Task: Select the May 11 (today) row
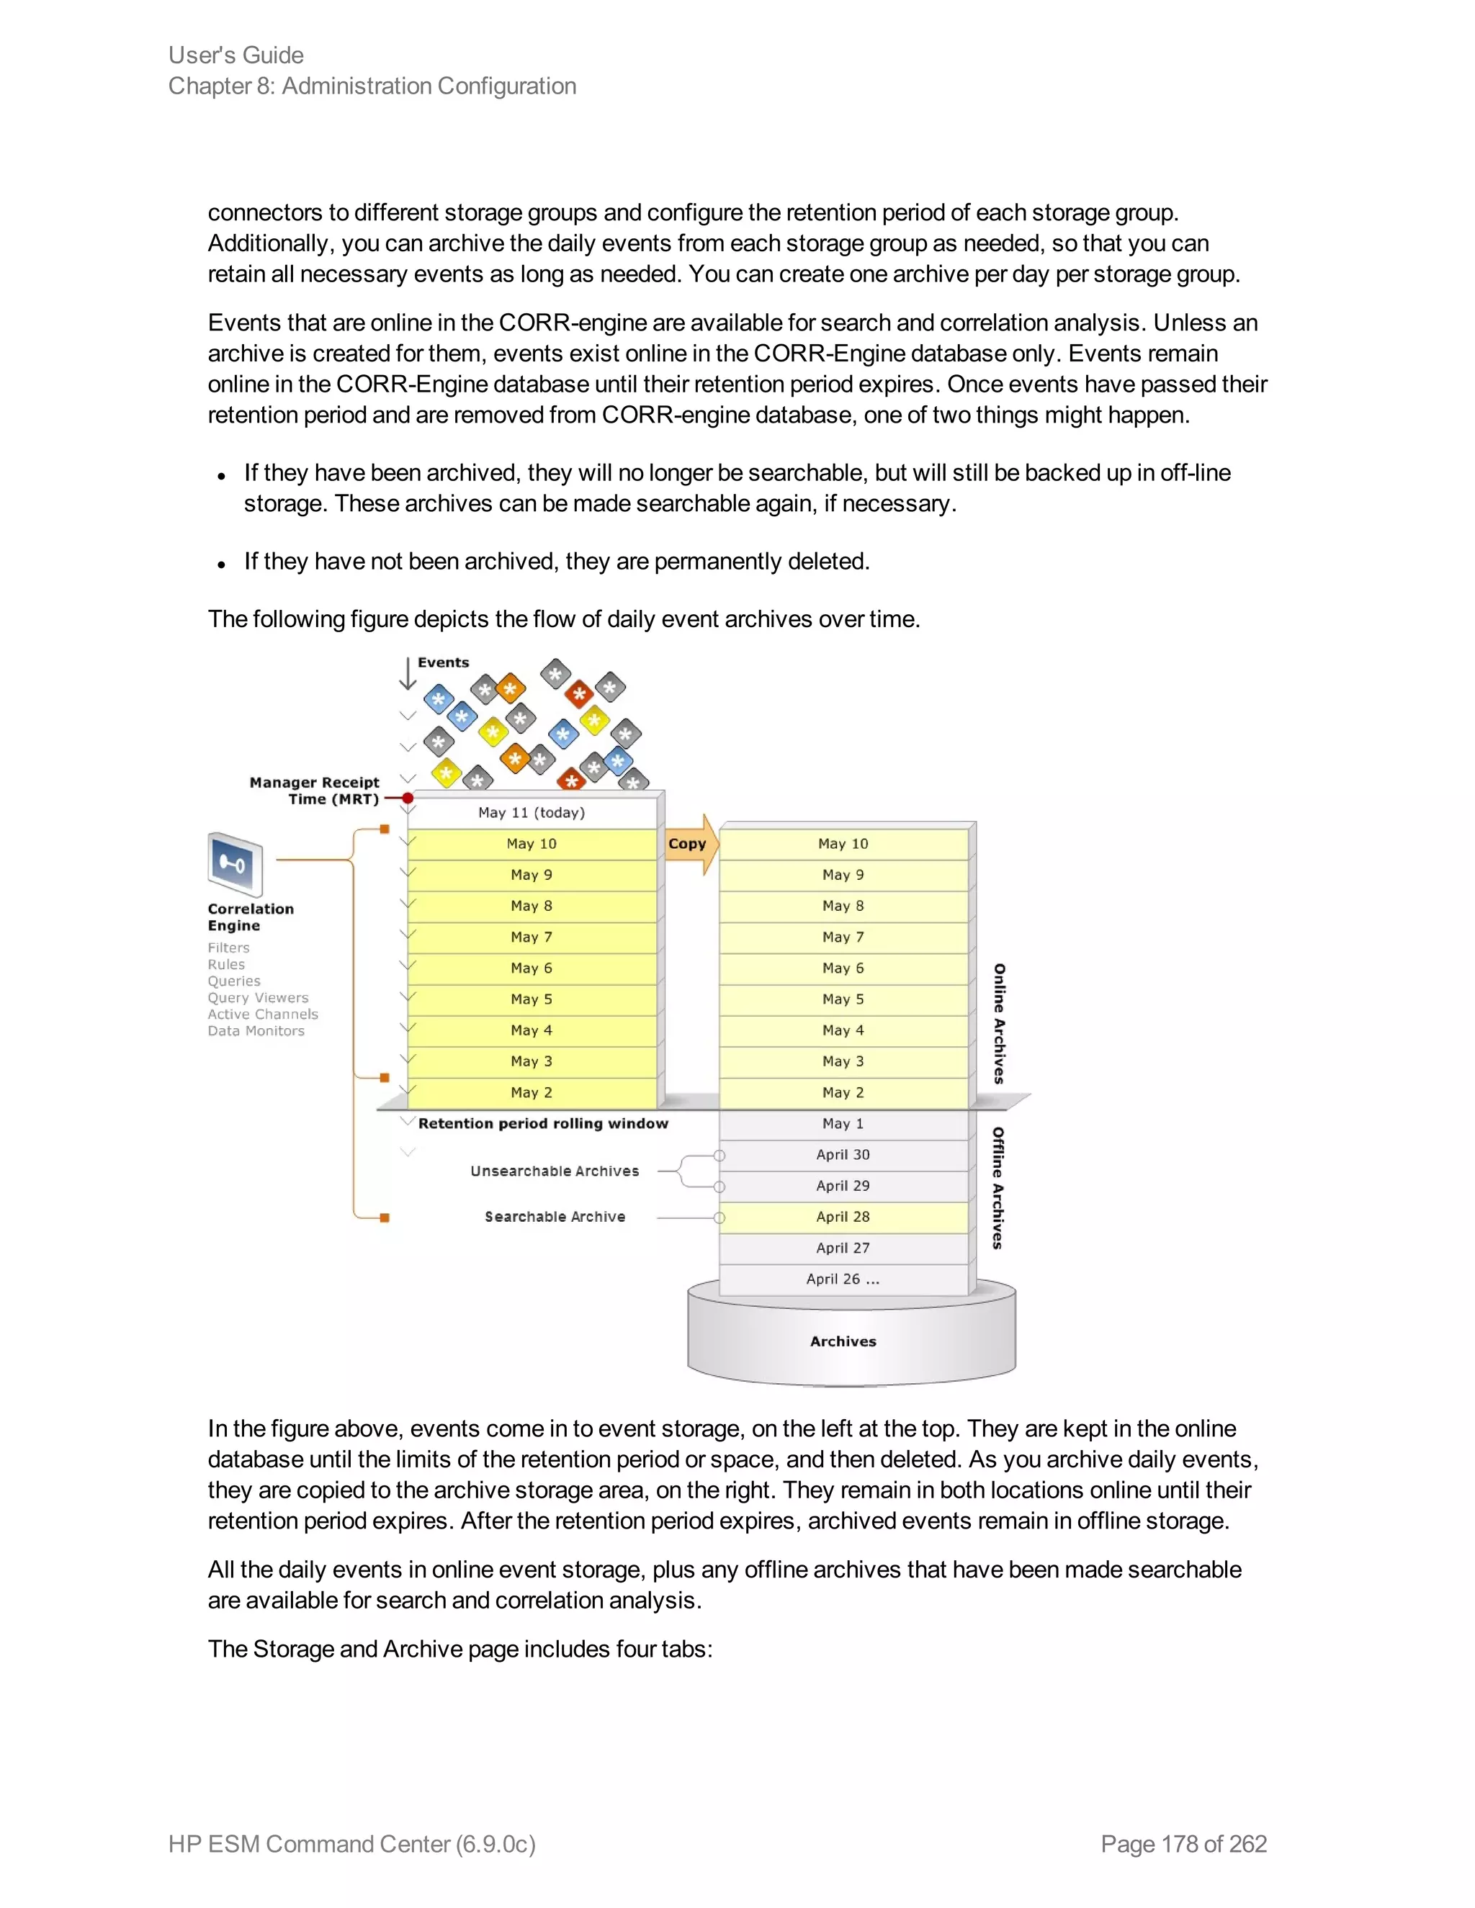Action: tap(532, 812)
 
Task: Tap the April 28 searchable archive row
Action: tap(843, 1217)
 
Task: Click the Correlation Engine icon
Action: tap(235, 864)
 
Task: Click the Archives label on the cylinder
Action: tap(843, 1341)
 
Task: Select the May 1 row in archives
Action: tap(843, 1123)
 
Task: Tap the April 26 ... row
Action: tap(843, 1279)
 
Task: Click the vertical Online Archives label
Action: tap(999, 1024)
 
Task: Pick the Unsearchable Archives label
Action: tap(554, 1171)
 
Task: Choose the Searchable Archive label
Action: tap(555, 1217)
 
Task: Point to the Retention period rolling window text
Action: tap(542, 1123)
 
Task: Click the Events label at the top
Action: tap(443, 662)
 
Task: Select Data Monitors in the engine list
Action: tap(256, 1031)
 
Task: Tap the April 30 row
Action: tap(843, 1155)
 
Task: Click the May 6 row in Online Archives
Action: tap(843, 968)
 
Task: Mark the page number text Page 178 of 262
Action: tap(1183, 1843)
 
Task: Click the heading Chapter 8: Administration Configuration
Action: tap(372, 86)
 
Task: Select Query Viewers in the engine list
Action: tap(258, 998)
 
